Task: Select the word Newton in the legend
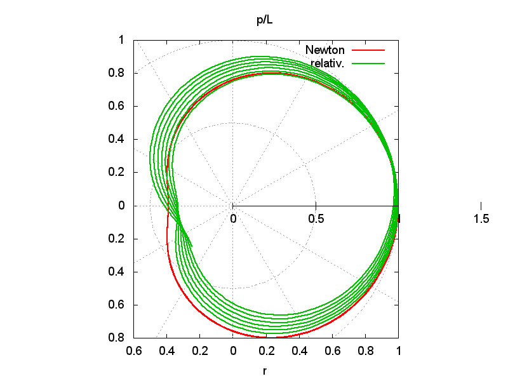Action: (324, 50)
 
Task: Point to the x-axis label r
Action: (264, 371)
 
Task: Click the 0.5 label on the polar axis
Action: (316, 219)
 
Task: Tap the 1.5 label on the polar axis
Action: (481, 219)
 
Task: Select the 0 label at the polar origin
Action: (233, 219)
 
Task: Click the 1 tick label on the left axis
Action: (121, 40)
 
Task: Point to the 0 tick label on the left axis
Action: (121, 206)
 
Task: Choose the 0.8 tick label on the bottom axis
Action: (365, 350)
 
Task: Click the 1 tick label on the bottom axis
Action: (398, 350)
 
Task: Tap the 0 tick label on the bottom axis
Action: (233, 350)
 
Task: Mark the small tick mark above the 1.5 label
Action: (481, 205)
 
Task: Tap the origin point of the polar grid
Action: (232, 206)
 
